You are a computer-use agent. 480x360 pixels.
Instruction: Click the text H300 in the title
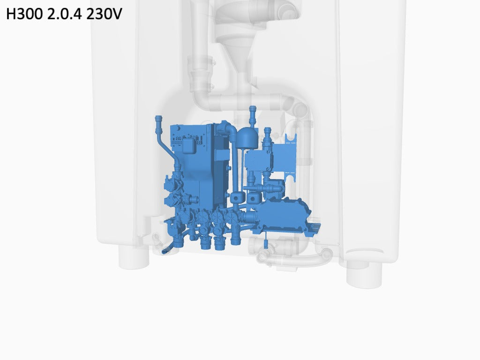[x=25, y=14]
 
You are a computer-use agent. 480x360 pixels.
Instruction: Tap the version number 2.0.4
[x=65, y=14]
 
